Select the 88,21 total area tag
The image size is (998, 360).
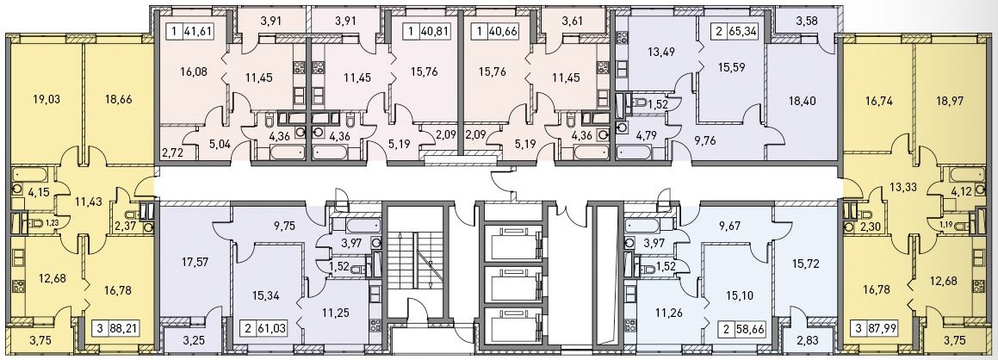(123, 329)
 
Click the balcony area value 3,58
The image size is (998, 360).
(807, 21)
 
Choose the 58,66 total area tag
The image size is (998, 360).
(750, 329)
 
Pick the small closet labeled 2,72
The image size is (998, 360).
(170, 153)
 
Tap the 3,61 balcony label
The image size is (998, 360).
(573, 21)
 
